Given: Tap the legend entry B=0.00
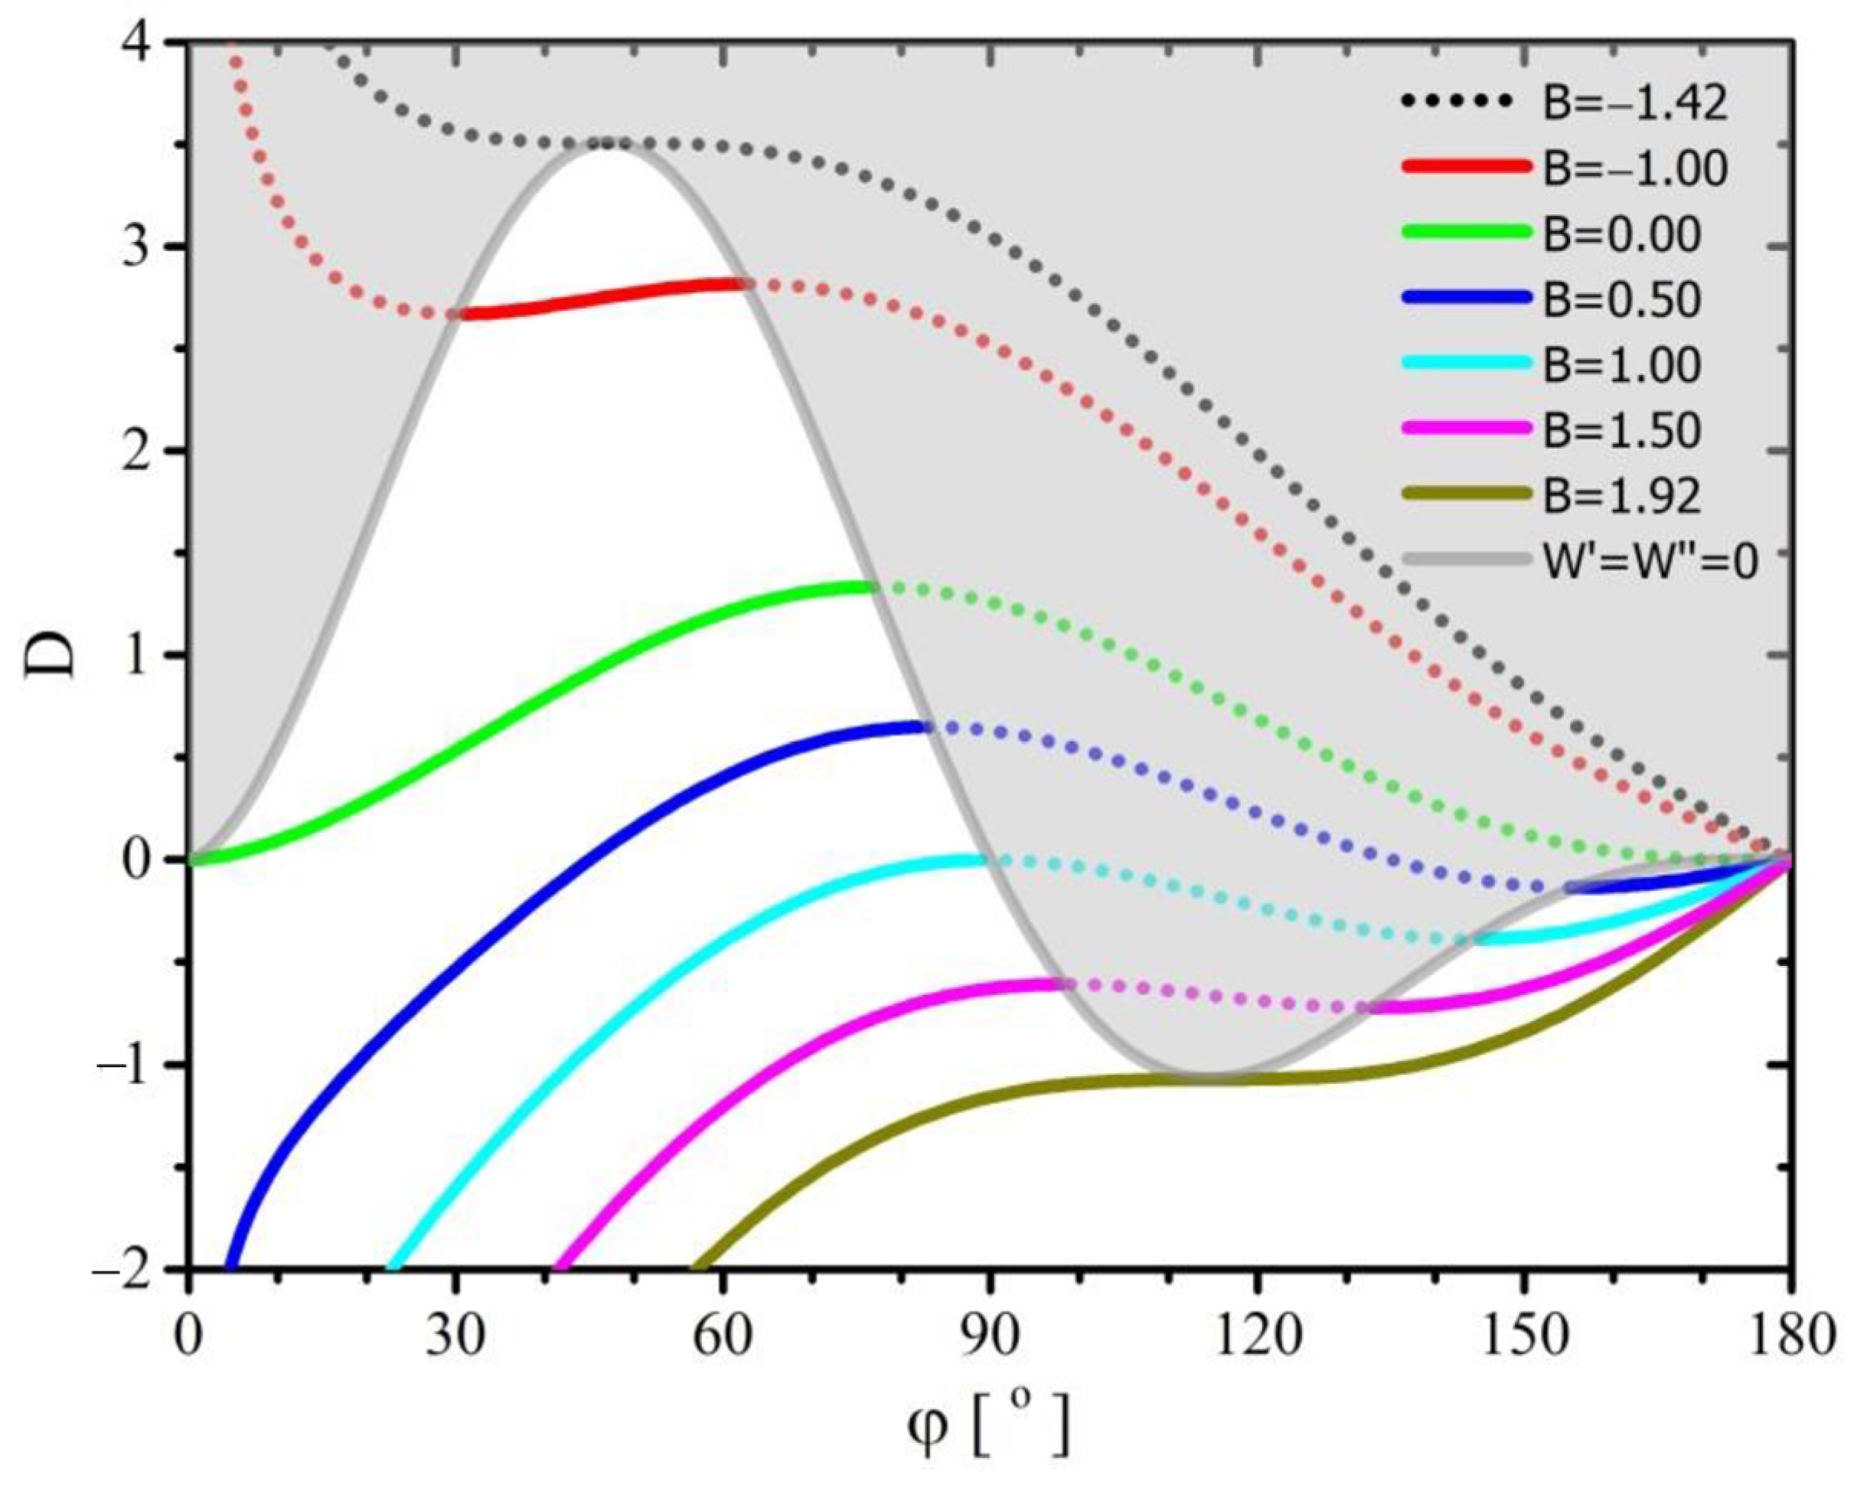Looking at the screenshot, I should pyautogui.click(x=1622, y=234).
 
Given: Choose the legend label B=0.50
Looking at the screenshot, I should pyautogui.click(x=1622, y=299).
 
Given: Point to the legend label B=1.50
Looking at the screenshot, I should pyautogui.click(x=1622, y=430).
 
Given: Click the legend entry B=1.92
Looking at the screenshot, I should pyautogui.click(x=1622, y=495).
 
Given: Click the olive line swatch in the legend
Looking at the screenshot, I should pyautogui.click(x=1467, y=494).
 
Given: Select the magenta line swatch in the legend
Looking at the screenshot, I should pyautogui.click(x=1467, y=429).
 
